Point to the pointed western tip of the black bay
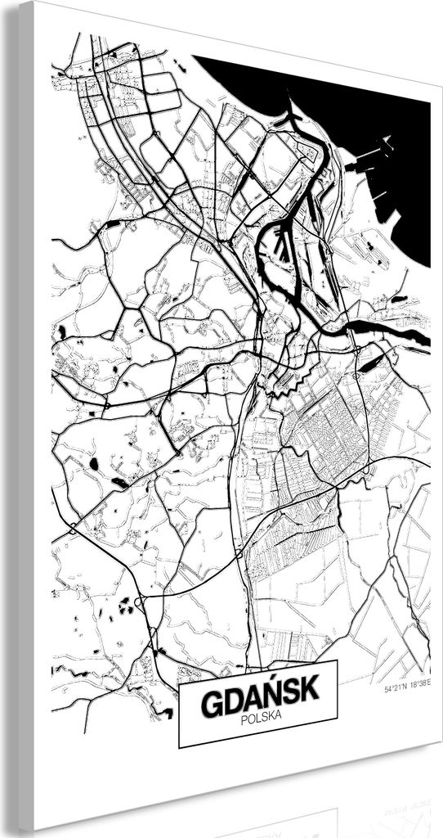[195, 58]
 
